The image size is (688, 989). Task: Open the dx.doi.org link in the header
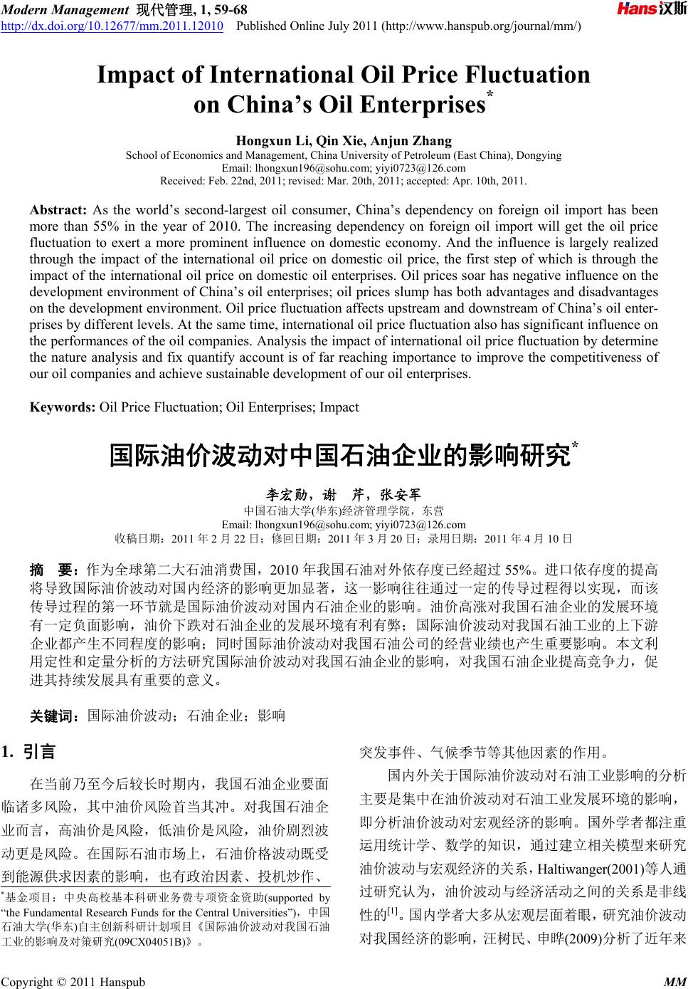(112, 27)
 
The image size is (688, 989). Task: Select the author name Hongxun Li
(260, 141)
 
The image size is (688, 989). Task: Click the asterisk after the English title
(489, 96)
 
